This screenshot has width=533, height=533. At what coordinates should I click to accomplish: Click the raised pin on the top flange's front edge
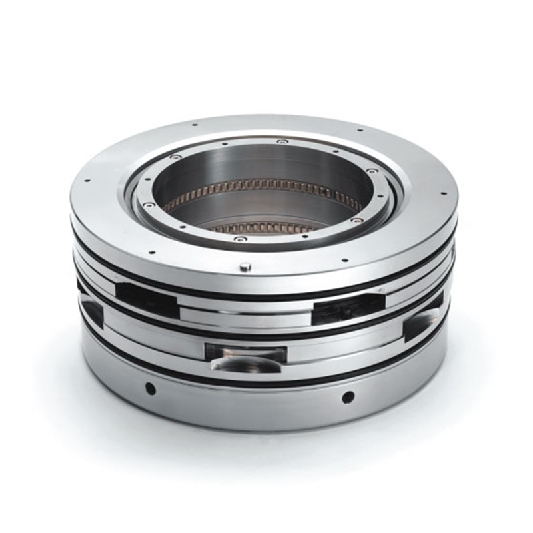(245, 267)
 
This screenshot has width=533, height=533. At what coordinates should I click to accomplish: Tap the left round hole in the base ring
(151, 388)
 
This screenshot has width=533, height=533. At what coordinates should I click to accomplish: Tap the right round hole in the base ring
(348, 397)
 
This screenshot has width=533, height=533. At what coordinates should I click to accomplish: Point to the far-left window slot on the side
(91, 310)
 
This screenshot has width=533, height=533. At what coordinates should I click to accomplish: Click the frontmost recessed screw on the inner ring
(241, 238)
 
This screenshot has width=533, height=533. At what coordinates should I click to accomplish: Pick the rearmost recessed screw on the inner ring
(282, 141)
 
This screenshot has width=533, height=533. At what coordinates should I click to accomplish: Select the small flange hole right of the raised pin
(344, 260)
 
